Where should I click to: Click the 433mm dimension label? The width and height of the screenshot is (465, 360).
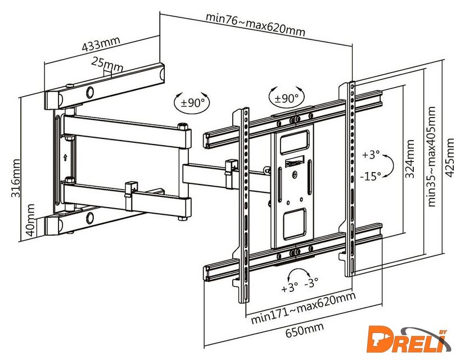point(101,44)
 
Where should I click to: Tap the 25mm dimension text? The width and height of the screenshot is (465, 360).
point(107,64)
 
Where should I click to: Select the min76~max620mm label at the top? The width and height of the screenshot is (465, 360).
point(255,24)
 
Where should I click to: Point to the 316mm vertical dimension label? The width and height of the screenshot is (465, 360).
point(16,178)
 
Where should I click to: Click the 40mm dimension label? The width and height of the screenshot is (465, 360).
point(30,220)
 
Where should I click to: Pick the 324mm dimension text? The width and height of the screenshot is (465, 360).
point(410,159)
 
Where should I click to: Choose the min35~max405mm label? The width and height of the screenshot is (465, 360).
point(431,156)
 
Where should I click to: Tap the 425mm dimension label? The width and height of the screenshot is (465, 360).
point(450,157)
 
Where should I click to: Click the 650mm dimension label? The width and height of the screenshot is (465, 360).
point(305,330)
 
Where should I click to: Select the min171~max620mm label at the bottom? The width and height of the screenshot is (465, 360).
point(303,308)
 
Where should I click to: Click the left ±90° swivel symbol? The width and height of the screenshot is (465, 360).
point(192,103)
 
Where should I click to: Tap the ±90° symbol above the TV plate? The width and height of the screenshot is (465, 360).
point(286,98)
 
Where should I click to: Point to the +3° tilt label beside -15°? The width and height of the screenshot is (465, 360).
point(371,155)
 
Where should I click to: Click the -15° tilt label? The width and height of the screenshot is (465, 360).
point(371,177)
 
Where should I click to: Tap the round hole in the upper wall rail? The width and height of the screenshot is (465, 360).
point(90,92)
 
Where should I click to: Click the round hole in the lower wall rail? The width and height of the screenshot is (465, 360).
point(90,218)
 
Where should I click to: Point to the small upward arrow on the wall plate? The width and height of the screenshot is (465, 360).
point(65,157)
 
